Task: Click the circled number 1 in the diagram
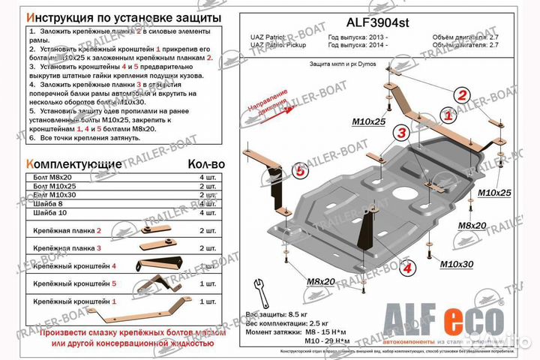click(448, 115)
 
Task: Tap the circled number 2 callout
click(463, 94)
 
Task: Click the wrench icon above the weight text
click(261, 289)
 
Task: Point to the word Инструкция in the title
click(64, 16)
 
